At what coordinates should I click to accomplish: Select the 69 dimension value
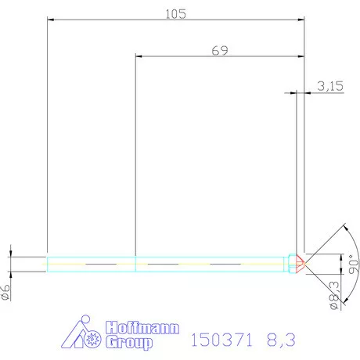[x=220, y=51]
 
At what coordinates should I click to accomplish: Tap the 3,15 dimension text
[x=331, y=87]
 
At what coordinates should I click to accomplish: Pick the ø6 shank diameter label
[x=7, y=292]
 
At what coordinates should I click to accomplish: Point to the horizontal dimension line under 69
[x=220, y=56]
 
